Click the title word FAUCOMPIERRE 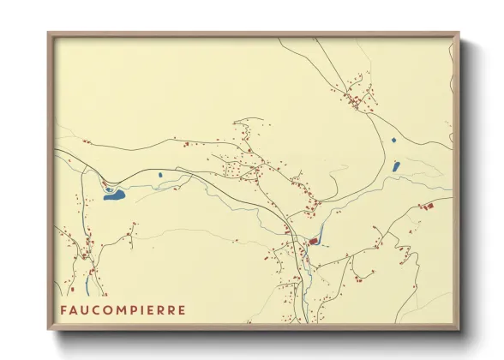pyautogui.click(x=122, y=309)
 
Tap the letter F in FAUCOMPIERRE pyautogui.click(x=63, y=309)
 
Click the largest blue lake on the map pyautogui.click(x=114, y=195)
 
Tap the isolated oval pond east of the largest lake pyautogui.click(x=159, y=176)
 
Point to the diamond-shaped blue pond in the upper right pyautogui.click(x=393, y=139)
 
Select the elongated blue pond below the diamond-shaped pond pyautogui.click(x=396, y=165)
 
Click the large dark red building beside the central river pyautogui.click(x=314, y=242)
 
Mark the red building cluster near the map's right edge pyautogui.click(x=428, y=206)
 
